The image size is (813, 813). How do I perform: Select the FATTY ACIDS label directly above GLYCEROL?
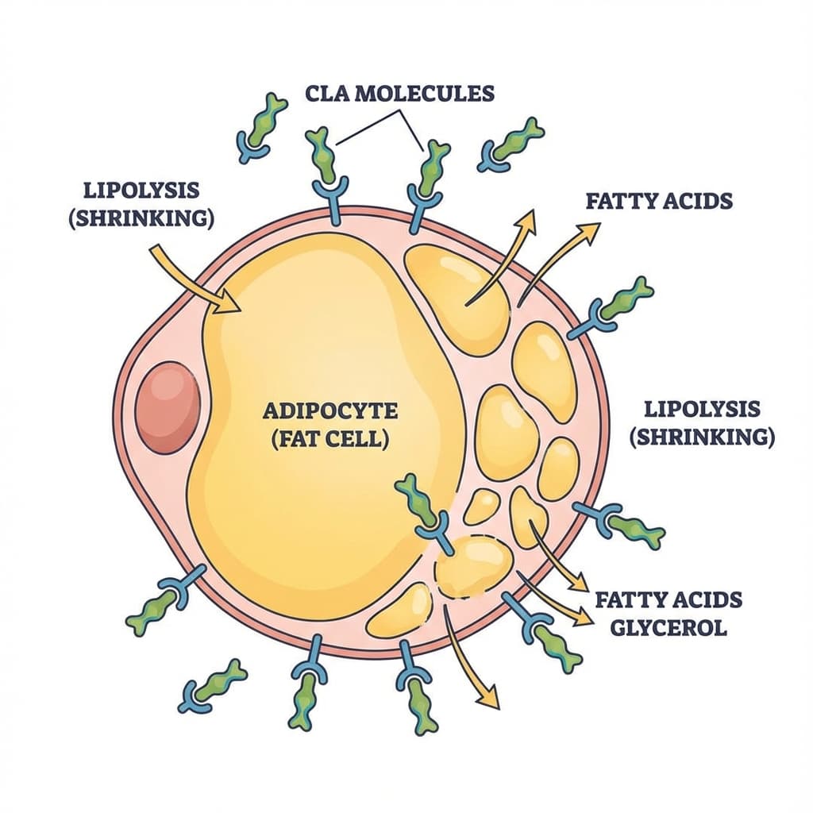[x=668, y=599]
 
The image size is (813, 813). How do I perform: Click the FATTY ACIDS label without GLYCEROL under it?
[x=659, y=200]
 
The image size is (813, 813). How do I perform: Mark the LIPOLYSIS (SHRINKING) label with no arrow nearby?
[x=702, y=422]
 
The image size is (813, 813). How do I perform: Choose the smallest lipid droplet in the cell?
[x=481, y=507]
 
